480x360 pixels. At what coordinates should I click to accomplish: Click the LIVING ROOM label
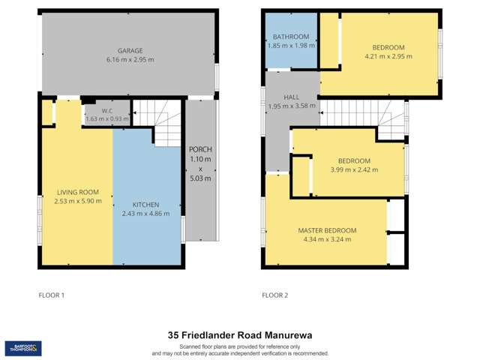[76, 192]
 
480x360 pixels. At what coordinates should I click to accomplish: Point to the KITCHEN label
[145, 204]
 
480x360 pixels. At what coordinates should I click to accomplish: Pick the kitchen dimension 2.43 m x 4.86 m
[145, 214]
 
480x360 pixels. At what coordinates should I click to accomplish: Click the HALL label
[292, 97]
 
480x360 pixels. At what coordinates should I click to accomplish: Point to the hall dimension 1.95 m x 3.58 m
[292, 106]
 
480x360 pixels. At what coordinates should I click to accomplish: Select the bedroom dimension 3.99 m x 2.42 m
[354, 170]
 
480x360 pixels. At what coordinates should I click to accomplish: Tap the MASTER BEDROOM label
[327, 230]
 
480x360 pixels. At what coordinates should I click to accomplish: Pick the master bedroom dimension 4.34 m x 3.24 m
[327, 240]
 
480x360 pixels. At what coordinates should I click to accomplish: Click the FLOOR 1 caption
[52, 295]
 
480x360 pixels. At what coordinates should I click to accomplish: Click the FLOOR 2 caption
[274, 295]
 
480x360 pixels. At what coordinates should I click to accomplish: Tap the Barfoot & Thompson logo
[23, 348]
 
